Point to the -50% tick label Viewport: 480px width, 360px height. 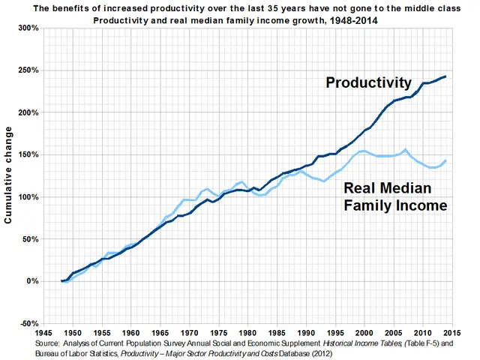(x=28, y=323)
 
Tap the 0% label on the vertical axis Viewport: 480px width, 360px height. (x=33, y=281)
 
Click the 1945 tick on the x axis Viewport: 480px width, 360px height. (x=43, y=331)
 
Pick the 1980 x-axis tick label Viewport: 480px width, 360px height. (x=247, y=331)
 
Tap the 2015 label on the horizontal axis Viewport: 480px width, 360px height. (x=450, y=331)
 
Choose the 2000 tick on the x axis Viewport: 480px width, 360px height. (x=363, y=331)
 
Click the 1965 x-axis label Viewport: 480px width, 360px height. (x=160, y=331)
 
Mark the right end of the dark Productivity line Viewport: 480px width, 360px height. (x=445, y=76)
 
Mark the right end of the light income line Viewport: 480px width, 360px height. (x=445, y=160)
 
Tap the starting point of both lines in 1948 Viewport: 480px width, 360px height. (x=61, y=281)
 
